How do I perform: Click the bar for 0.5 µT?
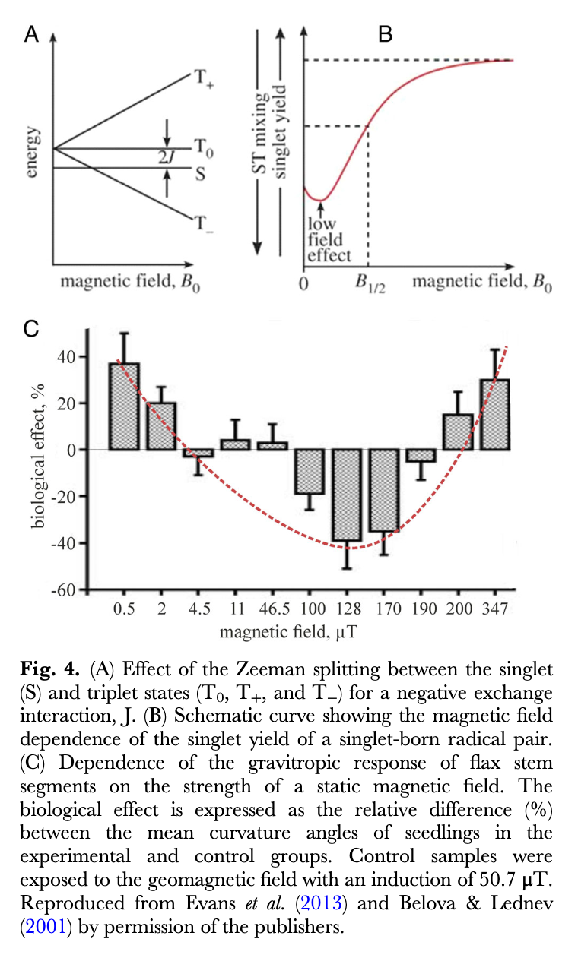pos(124,406)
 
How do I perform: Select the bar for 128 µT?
pos(348,495)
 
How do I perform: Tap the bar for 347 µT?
pos(494,415)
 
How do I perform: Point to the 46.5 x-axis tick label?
pos(272,609)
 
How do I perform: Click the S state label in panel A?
pos(200,174)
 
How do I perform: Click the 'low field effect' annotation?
pos(326,240)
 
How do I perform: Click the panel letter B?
pos(385,34)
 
